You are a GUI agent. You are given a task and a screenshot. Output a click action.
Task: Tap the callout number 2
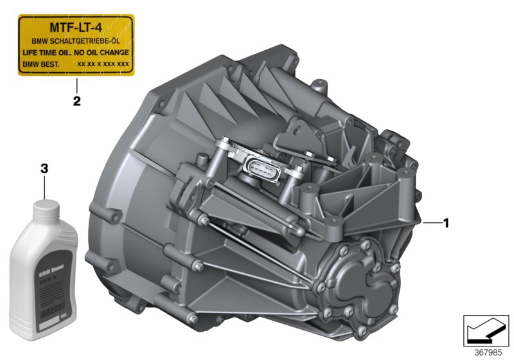(x=76, y=101)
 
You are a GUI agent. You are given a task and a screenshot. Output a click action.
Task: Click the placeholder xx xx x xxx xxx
(x=103, y=64)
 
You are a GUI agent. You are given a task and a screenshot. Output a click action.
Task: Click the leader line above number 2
(x=76, y=85)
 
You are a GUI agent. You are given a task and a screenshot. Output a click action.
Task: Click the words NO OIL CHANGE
(x=102, y=51)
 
